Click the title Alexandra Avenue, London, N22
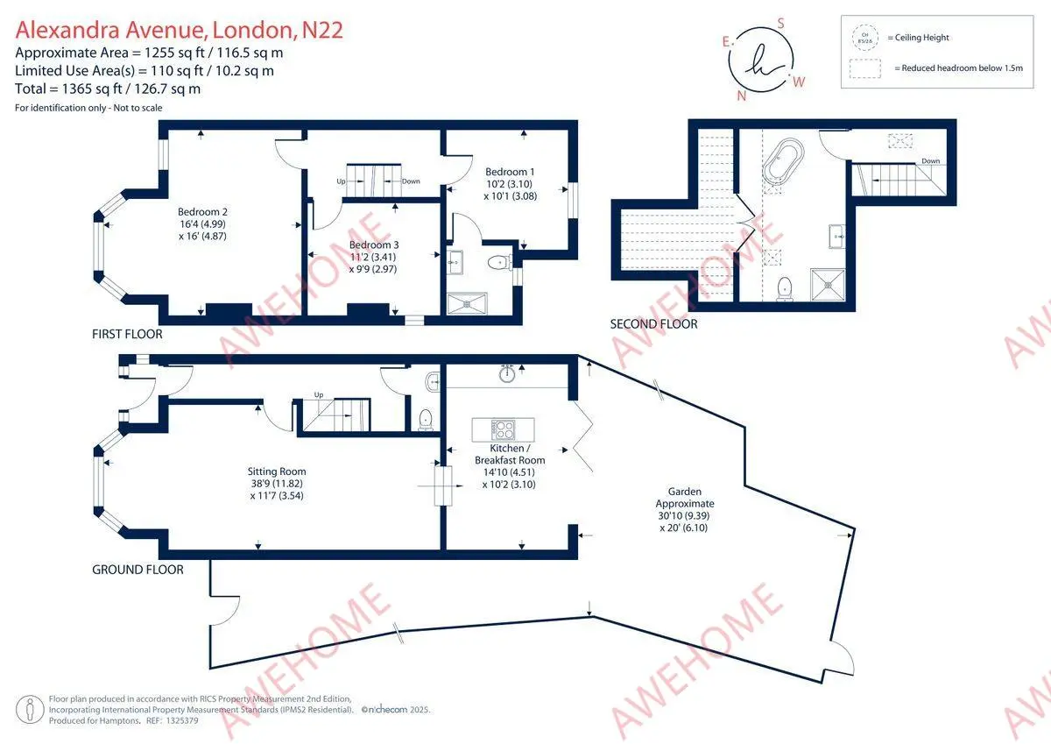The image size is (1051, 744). (x=179, y=31)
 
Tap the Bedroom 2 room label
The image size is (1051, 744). (x=202, y=224)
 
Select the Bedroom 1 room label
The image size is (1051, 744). (x=509, y=184)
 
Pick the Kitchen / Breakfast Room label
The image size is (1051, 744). (x=510, y=466)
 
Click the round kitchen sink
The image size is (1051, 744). (x=507, y=374)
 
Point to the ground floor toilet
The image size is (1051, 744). (x=426, y=418)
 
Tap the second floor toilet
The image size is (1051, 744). (x=785, y=287)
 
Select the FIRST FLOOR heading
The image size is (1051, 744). (x=127, y=334)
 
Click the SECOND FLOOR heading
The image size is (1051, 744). (x=653, y=324)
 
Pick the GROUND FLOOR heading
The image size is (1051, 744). (x=138, y=570)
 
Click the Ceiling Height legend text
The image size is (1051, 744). (x=918, y=38)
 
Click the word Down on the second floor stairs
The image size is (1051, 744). (x=930, y=161)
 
